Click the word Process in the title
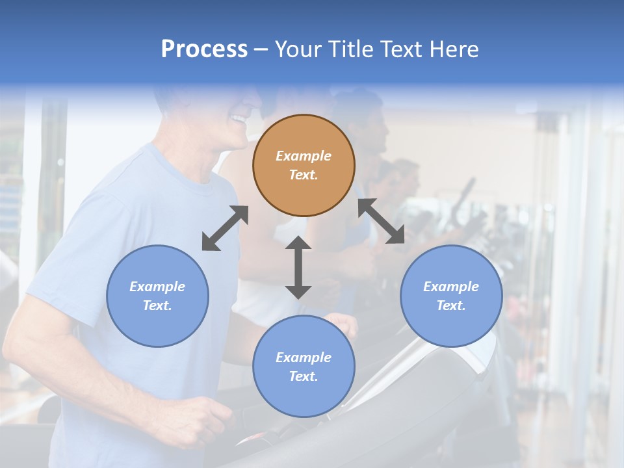[204, 49]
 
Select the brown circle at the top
[304, 165]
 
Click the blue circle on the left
[157, 296]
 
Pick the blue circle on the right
[451, 296]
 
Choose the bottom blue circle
[304, 367]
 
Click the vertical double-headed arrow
[298, 267]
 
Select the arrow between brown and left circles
[225, 228]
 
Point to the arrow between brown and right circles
[381, 221]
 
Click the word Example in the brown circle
[304, 156]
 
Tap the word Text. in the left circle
[157, 305]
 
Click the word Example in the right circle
[451, 287]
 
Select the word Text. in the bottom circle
[304, 376]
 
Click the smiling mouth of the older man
[239, 120]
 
